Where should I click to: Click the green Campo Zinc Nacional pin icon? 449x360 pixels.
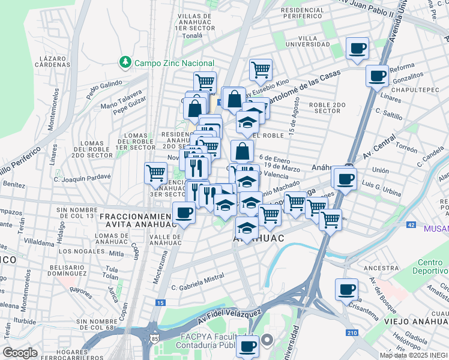click(x=125, y=62)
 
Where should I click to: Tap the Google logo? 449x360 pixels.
click(x=20, y=353)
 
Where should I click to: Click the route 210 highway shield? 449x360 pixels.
click(x=352, y=332)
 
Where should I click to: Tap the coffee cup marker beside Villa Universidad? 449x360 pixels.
click(x=358, y=48)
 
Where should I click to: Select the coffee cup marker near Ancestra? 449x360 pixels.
click(x=346, y=289)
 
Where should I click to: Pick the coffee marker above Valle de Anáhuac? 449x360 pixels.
click(x=184, y=212)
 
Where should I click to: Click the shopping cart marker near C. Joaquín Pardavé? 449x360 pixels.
click(x=156, y=173)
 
